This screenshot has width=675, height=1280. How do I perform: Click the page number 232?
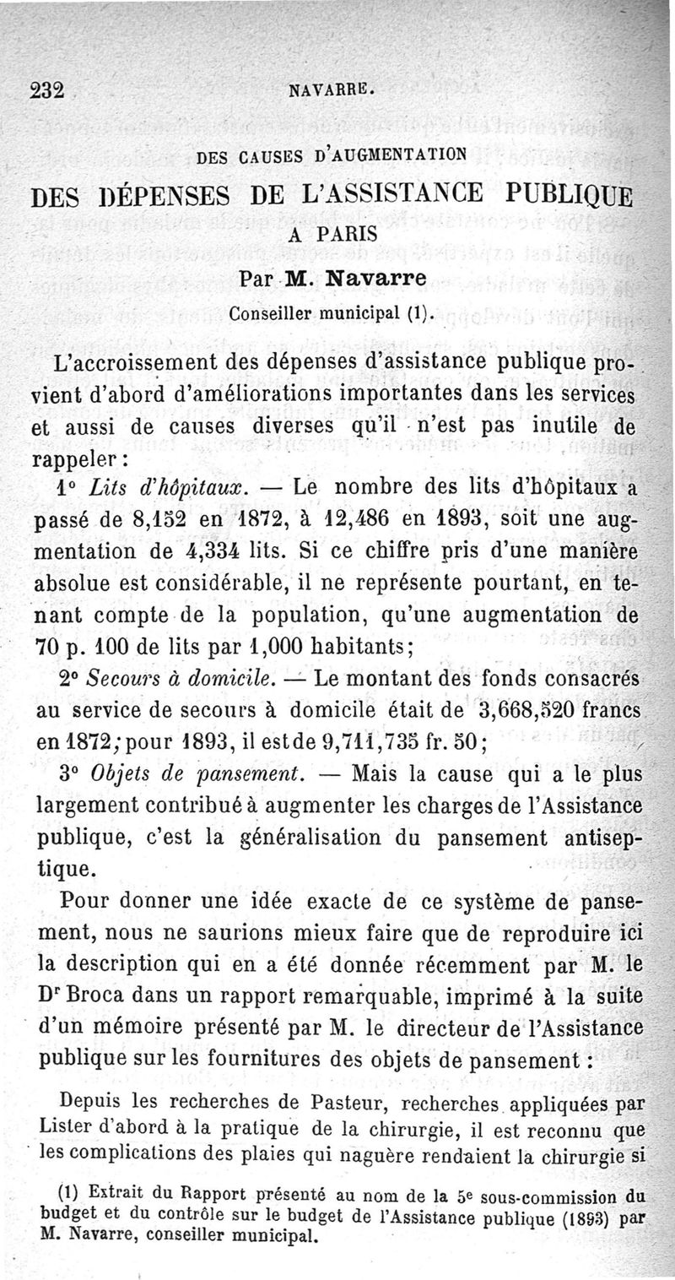48,90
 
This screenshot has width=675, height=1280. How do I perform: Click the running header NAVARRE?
330,89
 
